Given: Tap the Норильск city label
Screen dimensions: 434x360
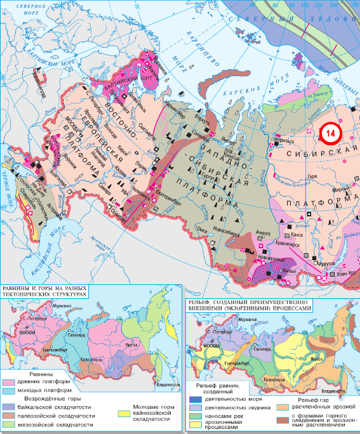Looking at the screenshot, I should (x=282, y=143).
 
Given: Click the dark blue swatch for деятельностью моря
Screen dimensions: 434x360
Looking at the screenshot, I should (x=194, y=399).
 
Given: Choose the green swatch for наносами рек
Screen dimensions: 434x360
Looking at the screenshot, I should (x=194, y=416).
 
